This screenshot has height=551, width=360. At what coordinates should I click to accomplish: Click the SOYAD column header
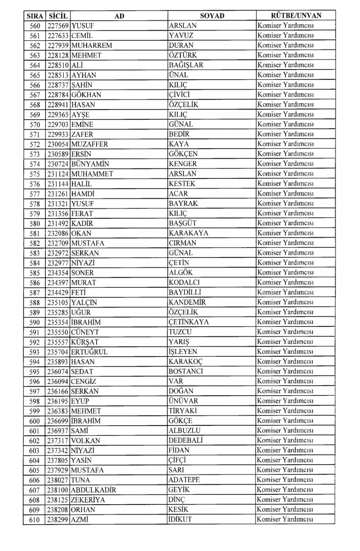(212, 16)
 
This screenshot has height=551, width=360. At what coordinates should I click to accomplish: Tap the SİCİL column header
(58, 16)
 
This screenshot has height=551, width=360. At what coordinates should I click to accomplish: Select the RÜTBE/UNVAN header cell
(296, 15)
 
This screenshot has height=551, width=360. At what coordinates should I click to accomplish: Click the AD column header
(119, 16)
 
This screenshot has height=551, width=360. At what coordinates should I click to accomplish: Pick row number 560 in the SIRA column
(35, 26)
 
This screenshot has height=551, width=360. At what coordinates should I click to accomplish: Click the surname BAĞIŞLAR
(186, 65)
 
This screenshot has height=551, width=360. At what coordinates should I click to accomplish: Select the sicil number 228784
(58, 95)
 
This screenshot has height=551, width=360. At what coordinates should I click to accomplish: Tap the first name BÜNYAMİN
(90, 164)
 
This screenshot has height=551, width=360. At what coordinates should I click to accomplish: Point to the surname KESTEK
(182, 184)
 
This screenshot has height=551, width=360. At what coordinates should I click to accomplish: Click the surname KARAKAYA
(189, 233)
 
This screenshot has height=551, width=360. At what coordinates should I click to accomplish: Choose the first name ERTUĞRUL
(89, 352)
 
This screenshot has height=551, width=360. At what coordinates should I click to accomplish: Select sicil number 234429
(58, 293)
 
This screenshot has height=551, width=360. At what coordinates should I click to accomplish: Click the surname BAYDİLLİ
(185, 292)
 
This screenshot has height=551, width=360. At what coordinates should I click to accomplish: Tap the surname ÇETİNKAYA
(189, 322)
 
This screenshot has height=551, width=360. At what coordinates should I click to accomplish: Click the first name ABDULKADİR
(94, 490)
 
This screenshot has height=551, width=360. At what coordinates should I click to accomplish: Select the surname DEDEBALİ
(186, 440)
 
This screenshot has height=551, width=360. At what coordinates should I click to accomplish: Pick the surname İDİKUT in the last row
(180, 519)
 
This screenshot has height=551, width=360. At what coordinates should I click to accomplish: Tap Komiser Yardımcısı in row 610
(285, 519)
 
